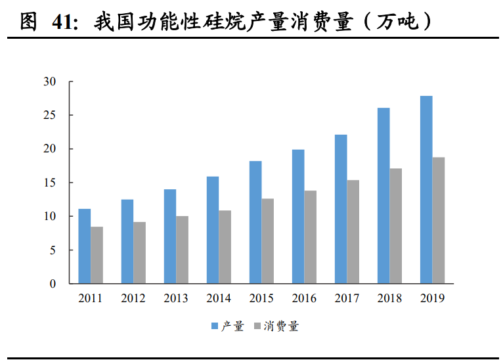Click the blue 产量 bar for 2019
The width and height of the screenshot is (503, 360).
point(426,190)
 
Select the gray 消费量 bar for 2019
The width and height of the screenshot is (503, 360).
point(439,220)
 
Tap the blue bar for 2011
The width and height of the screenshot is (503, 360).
point(84,246)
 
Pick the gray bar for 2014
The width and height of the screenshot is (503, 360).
point(225,247)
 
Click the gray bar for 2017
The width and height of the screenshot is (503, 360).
point(353,232)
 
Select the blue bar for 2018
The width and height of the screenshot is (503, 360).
point(383,196)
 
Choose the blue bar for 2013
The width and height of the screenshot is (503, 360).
point(170,236)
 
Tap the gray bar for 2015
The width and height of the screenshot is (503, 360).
point(268,241)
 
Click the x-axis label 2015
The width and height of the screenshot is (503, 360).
point(261,298)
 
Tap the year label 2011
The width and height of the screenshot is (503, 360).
point(91,298)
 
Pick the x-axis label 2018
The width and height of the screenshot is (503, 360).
point(390,298)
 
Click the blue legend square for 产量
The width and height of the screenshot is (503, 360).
point(215,326)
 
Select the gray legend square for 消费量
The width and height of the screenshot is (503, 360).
point(257,326)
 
